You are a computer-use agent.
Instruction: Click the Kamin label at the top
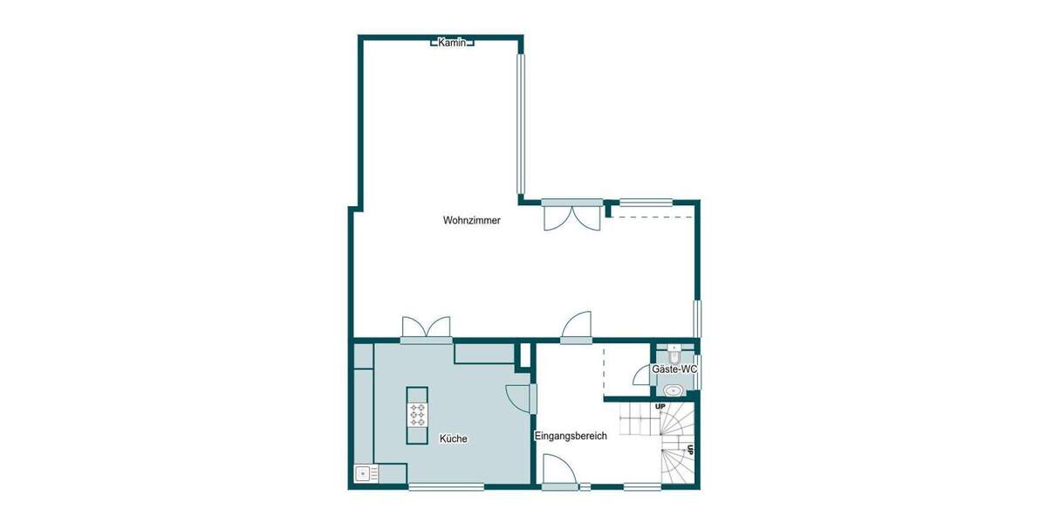453,42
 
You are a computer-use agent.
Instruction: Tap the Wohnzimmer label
472,221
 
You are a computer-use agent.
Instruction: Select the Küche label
453,438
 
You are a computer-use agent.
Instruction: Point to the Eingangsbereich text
570,436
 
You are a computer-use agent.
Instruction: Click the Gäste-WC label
674,370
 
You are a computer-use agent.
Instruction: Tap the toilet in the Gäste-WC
674,354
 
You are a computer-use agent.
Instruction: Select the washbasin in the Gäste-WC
673,390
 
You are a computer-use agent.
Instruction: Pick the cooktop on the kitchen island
417,415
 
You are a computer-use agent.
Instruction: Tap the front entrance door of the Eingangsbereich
558,474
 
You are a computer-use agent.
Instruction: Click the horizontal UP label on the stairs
660,407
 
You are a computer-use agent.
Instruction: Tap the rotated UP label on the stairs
689,451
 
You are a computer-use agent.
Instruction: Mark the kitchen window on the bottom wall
434,487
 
